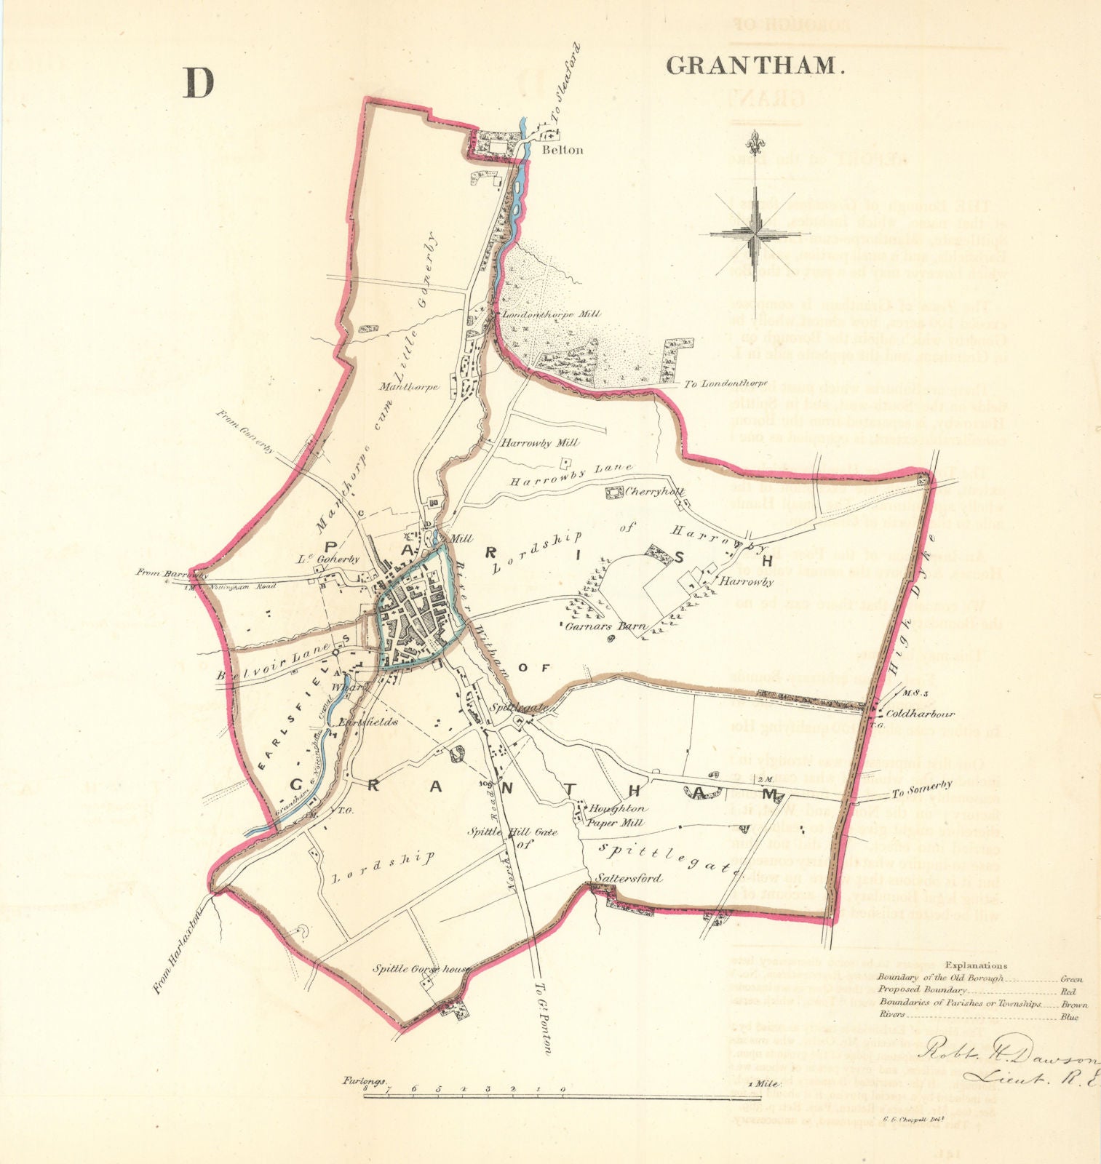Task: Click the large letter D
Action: [198, 83]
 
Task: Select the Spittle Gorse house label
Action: [422, 969]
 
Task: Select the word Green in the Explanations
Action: [1072, 979]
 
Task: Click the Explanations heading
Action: [979, 965]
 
